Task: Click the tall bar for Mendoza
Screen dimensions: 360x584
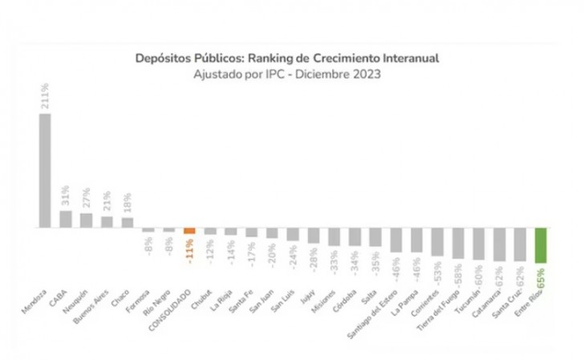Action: tap(45, 171)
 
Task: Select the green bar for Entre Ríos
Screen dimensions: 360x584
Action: tap(541, 245)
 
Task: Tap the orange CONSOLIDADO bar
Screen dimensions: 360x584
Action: tap(189, 231)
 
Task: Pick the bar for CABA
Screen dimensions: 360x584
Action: tap(66, 219)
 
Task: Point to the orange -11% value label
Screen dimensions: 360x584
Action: tap(190, 254)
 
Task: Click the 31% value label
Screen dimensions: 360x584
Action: tap(66, 195)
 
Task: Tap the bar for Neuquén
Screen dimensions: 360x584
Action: tap(87, 220)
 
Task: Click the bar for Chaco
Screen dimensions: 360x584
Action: tap(128, 223)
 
